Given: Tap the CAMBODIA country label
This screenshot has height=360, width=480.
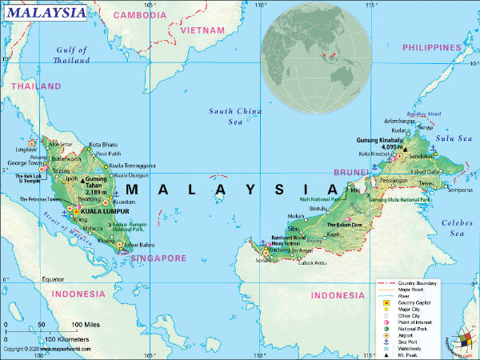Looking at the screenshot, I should pyautogui.click(x=139, y=14).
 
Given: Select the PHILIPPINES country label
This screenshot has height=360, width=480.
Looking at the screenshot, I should pyautogui.click(x=433, y=47).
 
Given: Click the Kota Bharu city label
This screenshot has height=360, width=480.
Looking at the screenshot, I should pyautogui.click(x=103, y=145).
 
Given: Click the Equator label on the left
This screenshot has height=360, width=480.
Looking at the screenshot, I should pyautogui.click(x=53, y=279).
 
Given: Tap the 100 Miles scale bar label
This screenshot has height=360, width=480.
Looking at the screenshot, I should pyautogui.click(x=87, y=324).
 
